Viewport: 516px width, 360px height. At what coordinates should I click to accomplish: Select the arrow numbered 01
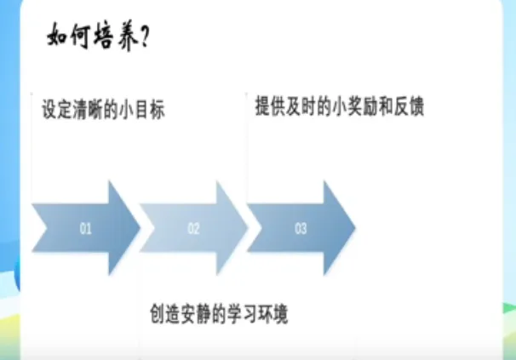(x=85, y=228)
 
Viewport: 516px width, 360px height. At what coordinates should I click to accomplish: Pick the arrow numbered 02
(x=193, y=228)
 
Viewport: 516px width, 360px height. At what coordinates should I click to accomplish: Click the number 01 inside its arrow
(x=85, y=228)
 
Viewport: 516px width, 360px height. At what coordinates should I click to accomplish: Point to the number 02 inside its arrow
(x=193, y=228)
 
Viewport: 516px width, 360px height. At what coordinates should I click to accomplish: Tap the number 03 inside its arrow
(x=301, y=228)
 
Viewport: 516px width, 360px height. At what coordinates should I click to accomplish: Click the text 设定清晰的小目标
(x=102, y=111)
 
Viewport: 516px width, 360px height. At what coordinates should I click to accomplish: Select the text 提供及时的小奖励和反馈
(x=339, y=107)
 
